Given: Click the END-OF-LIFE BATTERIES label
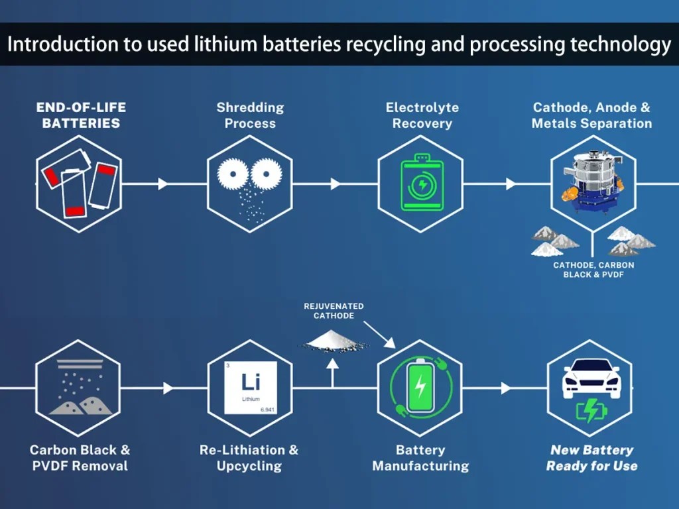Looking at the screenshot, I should click(81, 115).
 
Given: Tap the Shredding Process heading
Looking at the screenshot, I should click(250, 115).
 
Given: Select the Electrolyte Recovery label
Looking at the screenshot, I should click(422, 115).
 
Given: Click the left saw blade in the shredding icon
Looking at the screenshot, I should click(233, 175).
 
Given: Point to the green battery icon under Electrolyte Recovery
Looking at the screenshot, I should click(420, 184).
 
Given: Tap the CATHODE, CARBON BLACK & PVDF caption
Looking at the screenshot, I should click(593, 270).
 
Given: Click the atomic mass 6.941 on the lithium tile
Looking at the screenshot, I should click(267, 410).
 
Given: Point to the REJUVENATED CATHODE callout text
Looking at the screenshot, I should click(334, 311).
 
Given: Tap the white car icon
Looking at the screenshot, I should click(590, 378).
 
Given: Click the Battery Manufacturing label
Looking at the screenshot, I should click(420, 458).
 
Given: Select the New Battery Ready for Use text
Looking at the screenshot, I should click(591, 458).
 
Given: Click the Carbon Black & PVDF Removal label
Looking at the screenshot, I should click(80, 458).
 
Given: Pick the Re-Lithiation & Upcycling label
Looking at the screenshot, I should click(249, 458).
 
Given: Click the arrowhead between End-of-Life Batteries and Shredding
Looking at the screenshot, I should click(163, 184).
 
